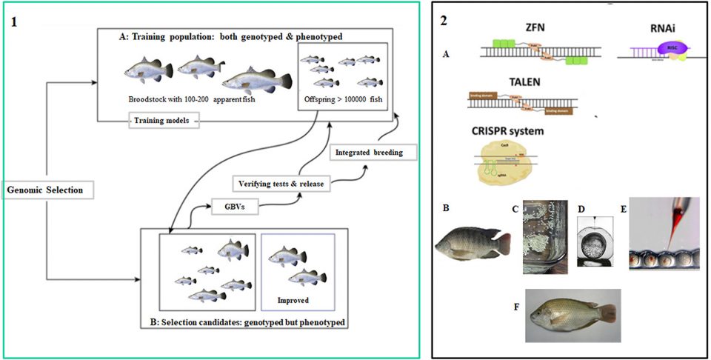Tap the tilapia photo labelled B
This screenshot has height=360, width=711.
[x=473, y=241]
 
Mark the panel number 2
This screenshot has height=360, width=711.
[x=444, y=21]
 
